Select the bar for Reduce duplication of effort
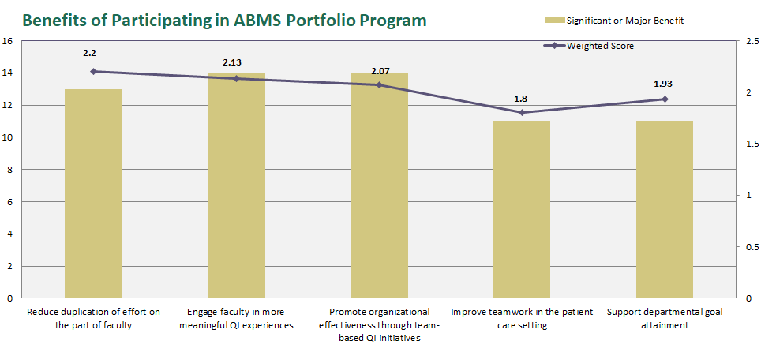click(93, 193)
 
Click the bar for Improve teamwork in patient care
click(522, 209)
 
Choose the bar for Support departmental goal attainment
click(664, 209)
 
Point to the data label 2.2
click(89, 53)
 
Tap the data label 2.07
click(380, 71)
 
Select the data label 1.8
click(520, 99)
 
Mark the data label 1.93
click(663, 83)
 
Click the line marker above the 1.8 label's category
click(522, 112)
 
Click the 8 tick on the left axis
click(9, 170)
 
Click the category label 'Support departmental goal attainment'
click(664, 317)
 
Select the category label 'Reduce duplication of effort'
click(93, 317)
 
